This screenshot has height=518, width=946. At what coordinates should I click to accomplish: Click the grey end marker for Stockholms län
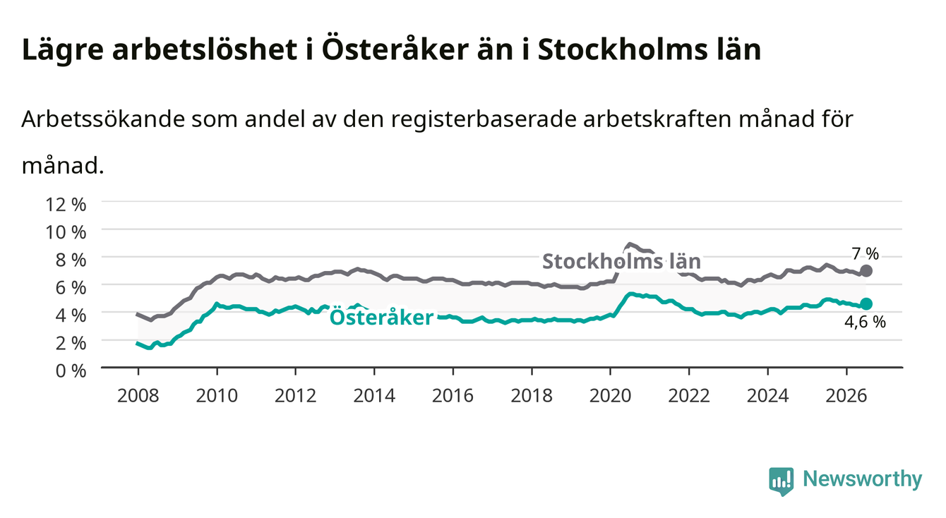[866, 271]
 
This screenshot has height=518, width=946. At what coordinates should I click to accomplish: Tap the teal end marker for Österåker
[866, 304]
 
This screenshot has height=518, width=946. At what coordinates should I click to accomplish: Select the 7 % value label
[865, 254]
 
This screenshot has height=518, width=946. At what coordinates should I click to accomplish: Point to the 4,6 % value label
[865, 322]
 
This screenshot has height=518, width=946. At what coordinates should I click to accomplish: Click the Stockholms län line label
[621, 261]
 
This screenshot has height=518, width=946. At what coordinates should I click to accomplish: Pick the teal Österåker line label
[381, 317]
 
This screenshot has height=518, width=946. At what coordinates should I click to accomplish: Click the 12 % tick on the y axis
[66, 205]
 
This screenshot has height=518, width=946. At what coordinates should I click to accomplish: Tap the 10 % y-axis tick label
[66, 232]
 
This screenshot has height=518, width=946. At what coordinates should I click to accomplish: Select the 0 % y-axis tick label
[71, 371]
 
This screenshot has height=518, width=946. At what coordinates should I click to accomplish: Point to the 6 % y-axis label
[71, 287]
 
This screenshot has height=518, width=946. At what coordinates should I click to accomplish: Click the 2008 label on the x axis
[138, 396]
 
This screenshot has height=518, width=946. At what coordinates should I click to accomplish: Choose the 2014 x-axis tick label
[374, 396]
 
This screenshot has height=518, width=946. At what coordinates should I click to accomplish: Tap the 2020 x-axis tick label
[610, 396]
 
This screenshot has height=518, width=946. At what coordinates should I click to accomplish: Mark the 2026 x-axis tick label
[846, 396]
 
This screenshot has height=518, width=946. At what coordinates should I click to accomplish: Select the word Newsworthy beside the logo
[863, 479]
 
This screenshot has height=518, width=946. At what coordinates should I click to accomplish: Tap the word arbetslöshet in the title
[205, 49]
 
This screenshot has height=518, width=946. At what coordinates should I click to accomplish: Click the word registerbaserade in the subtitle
[484, 120]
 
